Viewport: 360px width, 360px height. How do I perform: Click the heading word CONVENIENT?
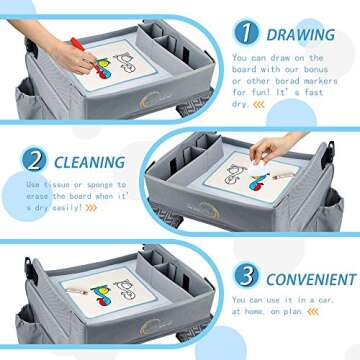point(309,279)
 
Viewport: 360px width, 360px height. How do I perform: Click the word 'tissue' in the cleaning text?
point(62,185)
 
